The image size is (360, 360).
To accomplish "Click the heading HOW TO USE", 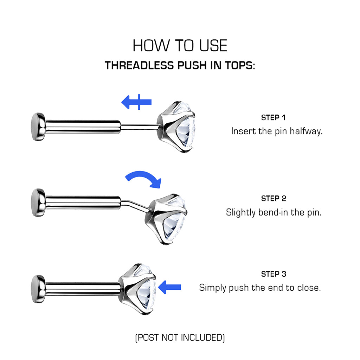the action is [180, 45].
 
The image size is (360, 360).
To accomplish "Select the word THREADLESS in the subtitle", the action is [139, 65].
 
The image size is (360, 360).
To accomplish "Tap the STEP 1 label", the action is [273, 117].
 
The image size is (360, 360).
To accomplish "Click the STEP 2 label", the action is [274, 198].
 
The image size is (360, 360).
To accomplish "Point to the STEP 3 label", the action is [274, 274].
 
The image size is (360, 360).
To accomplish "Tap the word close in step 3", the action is [309, 288].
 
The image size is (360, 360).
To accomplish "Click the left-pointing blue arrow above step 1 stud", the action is [136, 102].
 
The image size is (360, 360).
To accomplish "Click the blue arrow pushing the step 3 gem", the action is [170, 287].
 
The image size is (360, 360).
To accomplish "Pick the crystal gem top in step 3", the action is [138, 289].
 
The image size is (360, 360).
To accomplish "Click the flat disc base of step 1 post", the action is [38, 127].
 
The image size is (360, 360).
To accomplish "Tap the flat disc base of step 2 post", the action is [38, 202].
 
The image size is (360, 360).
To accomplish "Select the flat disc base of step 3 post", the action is [38, 289].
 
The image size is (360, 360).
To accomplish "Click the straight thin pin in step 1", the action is [139, 127].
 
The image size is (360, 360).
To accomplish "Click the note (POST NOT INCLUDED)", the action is [180, 338].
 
